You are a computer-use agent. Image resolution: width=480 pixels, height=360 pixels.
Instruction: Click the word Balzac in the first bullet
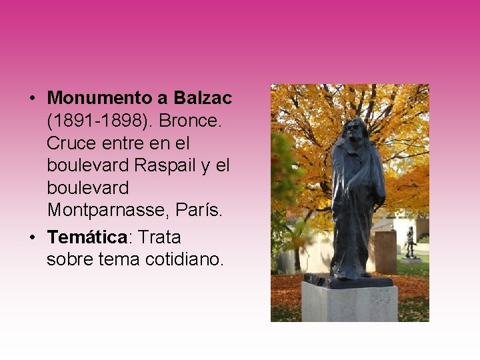(x=203, y=98)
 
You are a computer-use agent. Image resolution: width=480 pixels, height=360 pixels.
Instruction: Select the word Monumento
(x=100, y=98)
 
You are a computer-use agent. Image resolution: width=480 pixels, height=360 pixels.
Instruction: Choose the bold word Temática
(x=87, y=237)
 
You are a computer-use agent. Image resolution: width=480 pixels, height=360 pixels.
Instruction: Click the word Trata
(x=159, y=237)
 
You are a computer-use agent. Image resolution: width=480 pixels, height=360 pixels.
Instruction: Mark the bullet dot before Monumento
(x=32, y=99)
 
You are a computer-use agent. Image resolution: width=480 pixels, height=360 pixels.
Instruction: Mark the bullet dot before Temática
(x=32, y=237)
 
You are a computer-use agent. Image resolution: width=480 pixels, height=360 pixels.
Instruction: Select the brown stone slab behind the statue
(x=385, y=251)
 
